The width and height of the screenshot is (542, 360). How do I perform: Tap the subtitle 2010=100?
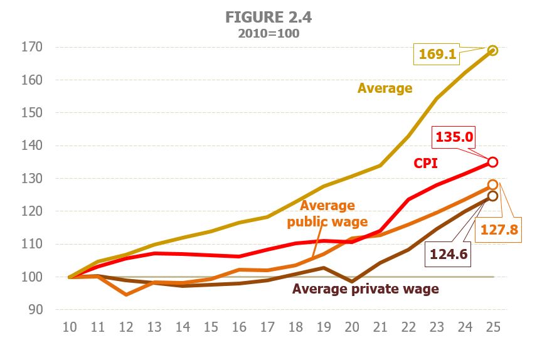[x=268, y=34]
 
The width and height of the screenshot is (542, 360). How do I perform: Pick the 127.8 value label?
[x=499, y=230]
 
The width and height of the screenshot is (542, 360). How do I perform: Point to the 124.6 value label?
[x=450, y=254]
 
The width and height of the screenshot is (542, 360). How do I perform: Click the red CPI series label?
[x=426, y=163]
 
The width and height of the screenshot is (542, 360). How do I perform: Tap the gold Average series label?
[x=385, y=88]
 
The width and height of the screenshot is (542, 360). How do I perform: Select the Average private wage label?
[x=365, y=289]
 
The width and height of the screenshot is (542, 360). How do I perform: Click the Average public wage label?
[x=327, y=213]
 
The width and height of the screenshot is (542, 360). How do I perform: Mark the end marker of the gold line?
[x=492, y=50]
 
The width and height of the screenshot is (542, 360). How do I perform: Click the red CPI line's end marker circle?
[x=492, y=162]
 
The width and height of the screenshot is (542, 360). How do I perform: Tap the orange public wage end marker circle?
[x=492, y=185]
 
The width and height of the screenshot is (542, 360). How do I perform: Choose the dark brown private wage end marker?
[x=492, y=196]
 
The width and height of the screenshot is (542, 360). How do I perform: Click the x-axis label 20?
[x=351, y=327]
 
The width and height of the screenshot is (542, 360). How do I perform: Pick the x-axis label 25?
[x=492, y=327]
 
